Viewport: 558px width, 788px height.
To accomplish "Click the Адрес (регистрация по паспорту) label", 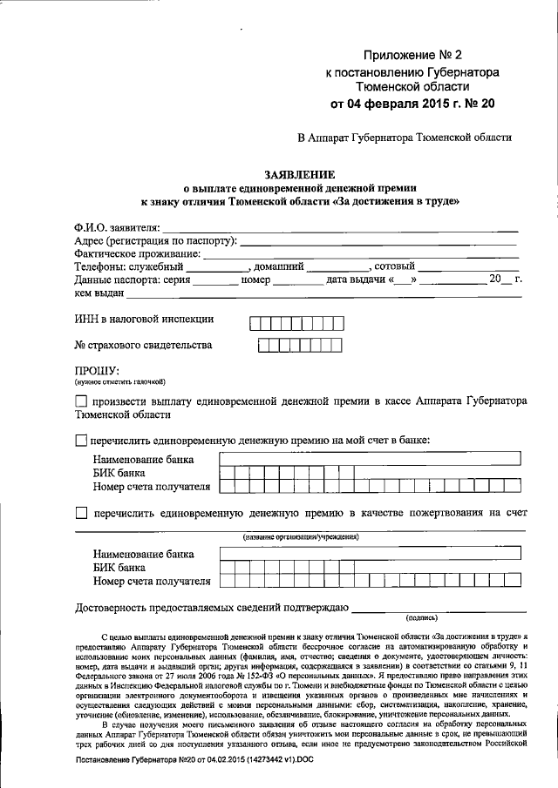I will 156,240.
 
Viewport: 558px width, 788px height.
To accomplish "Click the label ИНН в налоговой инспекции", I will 144,320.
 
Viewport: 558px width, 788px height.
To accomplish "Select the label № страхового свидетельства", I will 143,346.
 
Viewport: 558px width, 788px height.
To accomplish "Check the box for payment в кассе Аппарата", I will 81,401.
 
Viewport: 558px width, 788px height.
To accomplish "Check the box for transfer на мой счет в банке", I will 81,441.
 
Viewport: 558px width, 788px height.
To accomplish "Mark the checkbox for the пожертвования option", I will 81,514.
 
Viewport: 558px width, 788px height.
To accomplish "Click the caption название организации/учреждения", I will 301,537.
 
